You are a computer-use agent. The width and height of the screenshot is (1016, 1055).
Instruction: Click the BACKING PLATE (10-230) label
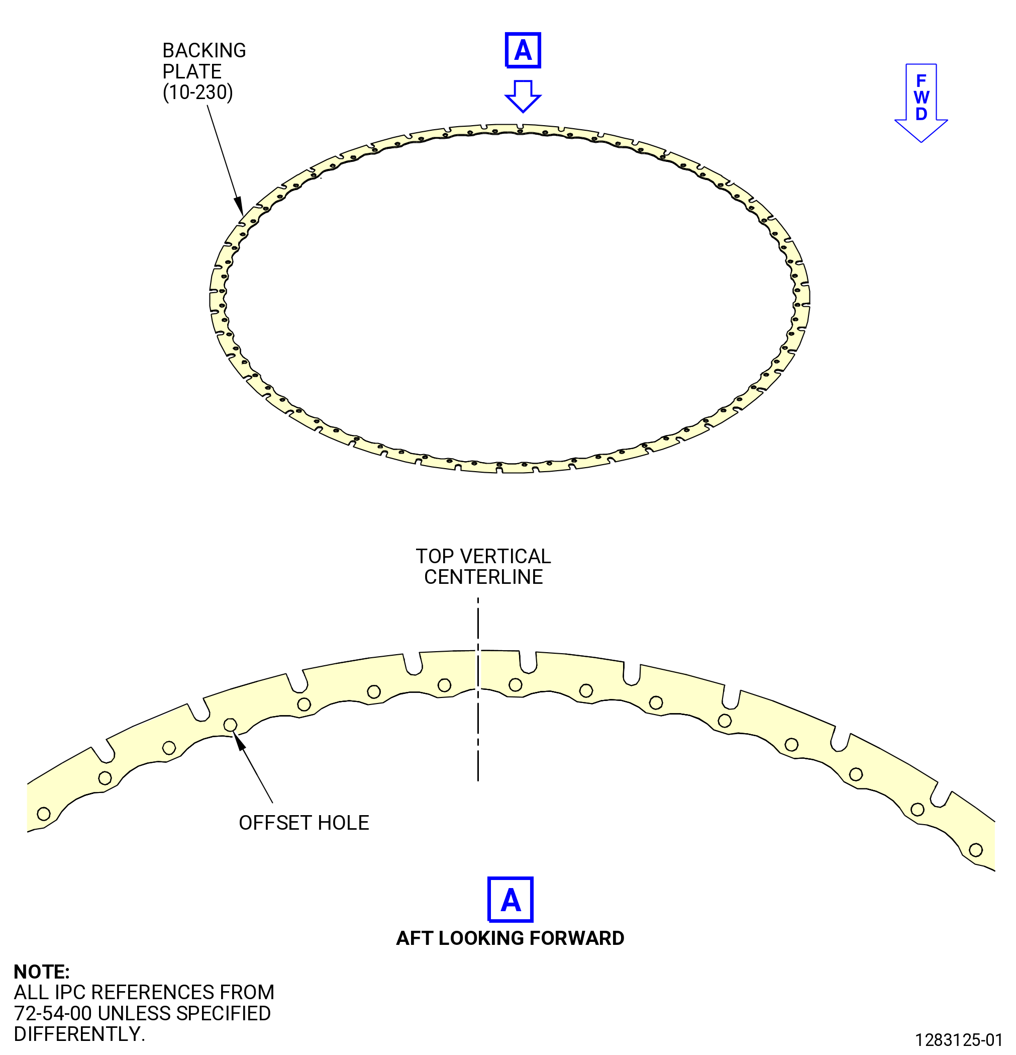(204, 71)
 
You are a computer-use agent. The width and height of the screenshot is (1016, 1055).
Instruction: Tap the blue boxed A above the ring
(523, 51)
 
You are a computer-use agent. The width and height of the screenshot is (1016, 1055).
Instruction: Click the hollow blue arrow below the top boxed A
(523, 97)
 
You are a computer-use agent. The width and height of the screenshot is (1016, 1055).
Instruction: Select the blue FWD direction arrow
(921, 103)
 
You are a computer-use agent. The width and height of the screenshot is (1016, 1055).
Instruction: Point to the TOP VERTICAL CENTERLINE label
(483, 566)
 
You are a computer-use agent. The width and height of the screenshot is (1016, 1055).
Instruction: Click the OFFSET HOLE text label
(304, 823)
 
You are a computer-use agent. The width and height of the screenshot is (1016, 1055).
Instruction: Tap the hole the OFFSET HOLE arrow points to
(230, 725)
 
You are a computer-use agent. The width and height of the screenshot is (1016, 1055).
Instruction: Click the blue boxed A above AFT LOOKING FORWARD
(510, 900)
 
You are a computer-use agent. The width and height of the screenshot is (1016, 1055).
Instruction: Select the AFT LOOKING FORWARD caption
(510, 938)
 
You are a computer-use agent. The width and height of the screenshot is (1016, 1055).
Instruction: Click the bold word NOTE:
(41, 972)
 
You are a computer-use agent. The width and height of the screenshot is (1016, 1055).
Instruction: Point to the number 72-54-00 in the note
(53, 1013)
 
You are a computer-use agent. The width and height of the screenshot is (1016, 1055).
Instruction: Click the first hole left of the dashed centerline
(444, 685)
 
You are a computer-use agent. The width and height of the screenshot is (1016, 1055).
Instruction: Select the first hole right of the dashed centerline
(515, 685)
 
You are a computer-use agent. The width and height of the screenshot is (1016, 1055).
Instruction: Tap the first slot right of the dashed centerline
(528, 663)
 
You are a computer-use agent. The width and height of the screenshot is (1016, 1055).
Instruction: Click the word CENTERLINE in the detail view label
(483, 577)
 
